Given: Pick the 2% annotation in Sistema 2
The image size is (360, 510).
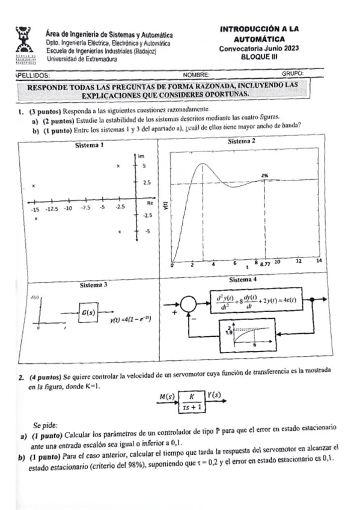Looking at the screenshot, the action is pos(265,175).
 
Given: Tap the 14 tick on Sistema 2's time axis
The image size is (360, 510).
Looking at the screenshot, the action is pos(319,262).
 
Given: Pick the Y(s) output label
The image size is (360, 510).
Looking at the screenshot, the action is pos(215,395).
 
